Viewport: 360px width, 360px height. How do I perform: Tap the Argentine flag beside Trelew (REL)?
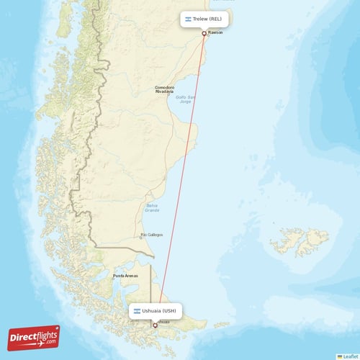pyautogui.click(x=187, y=19)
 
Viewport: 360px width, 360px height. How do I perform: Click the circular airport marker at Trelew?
pyautogui.click(x=204, y=33)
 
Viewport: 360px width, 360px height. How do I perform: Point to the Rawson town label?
pyautogui.click(x=215, y=33)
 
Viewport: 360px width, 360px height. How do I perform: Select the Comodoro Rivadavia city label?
pyautogui.click(x=164, y=90)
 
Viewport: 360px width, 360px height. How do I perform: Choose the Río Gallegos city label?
pyautogui.click(x=152, y=235)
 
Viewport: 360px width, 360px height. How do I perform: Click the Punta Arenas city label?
pyautogui.click(x=125, y=276)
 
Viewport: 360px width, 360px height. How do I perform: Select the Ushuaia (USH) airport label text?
pyautogui.click(x=158, y=311)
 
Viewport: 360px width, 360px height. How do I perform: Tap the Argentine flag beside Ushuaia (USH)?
pyautogui.click(x=136, y=311)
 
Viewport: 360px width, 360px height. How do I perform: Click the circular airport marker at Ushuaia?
pyautogui.click(x=154, y=325)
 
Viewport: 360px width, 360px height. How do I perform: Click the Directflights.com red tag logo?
pyautogui.click(x=33, y=337)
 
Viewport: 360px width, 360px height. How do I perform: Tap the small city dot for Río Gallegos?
pyautogui.click(x=141, y=236)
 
